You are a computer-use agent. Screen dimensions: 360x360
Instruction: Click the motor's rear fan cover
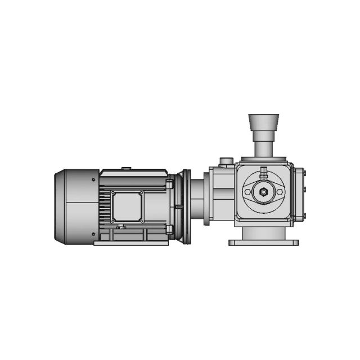(x=76, y=206)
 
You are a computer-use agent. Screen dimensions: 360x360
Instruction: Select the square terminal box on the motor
(x=127, y=206)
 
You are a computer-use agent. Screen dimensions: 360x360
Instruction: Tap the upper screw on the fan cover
(x=92, y=180)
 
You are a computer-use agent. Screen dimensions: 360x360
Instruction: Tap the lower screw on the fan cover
(x=92, y=233)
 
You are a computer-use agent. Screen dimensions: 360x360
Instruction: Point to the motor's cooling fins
(x=105, y=206)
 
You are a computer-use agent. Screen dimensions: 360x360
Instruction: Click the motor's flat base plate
(x=131, y=243)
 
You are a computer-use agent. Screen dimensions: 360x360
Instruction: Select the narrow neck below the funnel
(x=263, y=148)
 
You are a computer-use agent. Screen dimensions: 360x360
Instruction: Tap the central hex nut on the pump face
(x=263, y=192)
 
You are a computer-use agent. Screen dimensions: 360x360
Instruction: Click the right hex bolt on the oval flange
(x=278, y=192)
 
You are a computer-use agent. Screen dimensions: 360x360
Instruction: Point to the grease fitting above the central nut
(x=263, y=172)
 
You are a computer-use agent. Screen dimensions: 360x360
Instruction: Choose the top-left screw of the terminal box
(x=113, y=193)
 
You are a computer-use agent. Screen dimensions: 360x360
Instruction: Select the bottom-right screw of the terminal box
(x=141, y=220)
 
